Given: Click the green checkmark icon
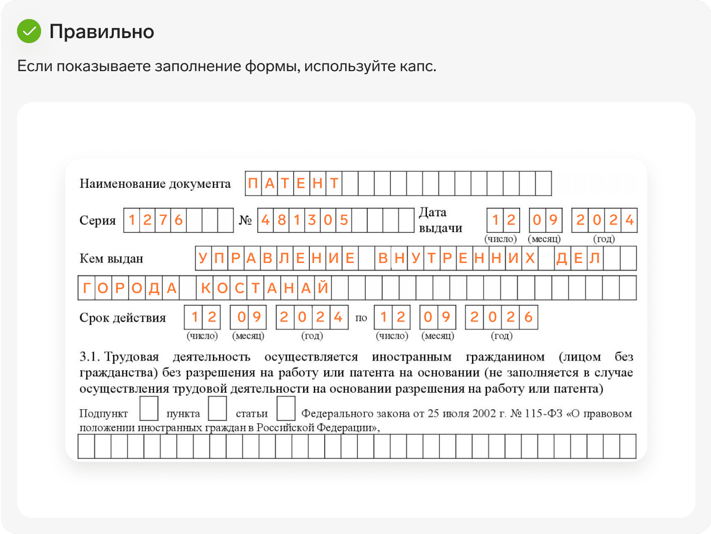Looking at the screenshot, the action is click(x=29, y=31).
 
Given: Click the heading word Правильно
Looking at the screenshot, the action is click(x=102, y=32).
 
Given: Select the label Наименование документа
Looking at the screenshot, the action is click(x=155, y=184).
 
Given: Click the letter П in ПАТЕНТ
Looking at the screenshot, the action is click(x=253, y=184).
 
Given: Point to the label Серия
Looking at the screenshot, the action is click(x=98, y=220).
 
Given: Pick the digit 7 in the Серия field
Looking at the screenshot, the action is click(x=163, y=220).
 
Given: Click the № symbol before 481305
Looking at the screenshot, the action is click(x=245, y=220).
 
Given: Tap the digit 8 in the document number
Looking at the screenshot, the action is click(x=282, y=220).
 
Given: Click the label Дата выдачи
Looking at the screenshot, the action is click(x=440, y=220).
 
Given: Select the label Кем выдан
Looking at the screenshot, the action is click(x=111, y=259).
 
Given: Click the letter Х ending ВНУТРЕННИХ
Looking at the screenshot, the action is click(x=530, y=258).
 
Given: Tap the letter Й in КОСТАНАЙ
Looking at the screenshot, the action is click(x=323, y=287).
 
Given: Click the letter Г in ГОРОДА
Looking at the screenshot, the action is click(x=87, y=288).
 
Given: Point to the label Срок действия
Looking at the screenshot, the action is click(x=122, y=318).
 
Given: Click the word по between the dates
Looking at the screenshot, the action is click(x=361, y=318).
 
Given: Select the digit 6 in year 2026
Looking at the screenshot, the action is click(x=528, y=317).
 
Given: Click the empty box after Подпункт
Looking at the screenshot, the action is click(x=149, y=408).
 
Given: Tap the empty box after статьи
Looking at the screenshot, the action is click(x=286, y=408).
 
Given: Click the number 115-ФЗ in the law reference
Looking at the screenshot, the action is click(x=543, y=414).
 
